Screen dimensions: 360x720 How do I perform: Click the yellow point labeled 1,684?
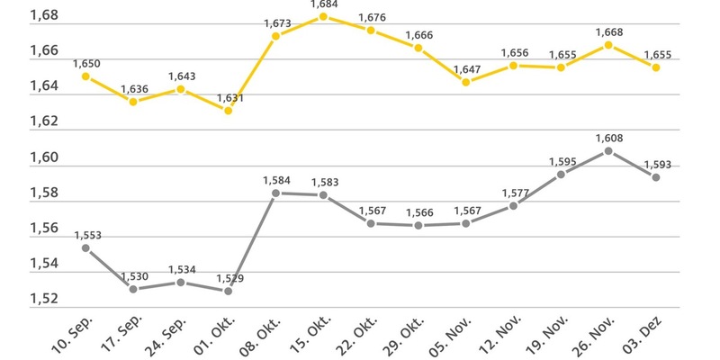(323, 16)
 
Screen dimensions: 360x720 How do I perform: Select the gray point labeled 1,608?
(608, 151)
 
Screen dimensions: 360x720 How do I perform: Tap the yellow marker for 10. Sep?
(85, 76)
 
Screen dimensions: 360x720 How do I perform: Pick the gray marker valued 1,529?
(228, 291)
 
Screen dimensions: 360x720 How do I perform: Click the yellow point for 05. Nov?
(466, 82)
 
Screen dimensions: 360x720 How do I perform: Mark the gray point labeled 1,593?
(656, 177)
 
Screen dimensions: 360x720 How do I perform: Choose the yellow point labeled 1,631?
(228, 111)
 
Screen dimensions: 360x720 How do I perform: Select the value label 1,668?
(608, 32)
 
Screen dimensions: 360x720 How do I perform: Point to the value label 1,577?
(514, 193)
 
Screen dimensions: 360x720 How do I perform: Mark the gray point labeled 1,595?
(561, 174)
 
